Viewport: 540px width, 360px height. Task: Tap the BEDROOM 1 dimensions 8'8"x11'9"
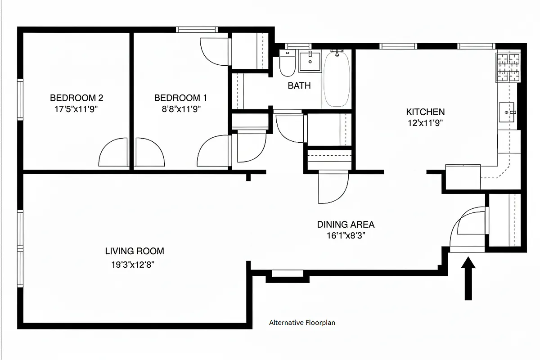coord(181,108)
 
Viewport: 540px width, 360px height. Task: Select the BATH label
coord(299,85)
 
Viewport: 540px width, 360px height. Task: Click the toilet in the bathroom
coord(287,64)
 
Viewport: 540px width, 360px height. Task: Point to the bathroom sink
coord(310,62)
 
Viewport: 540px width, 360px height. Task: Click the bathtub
coord(337,80)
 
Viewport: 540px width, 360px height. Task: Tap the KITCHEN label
coord(425,112)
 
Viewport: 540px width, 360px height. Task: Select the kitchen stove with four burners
coord(508,67)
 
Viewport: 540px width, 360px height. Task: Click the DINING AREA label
coord(346,225)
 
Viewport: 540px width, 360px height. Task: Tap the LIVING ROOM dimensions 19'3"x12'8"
coord(134,265)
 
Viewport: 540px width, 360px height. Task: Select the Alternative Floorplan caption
coord(302,323)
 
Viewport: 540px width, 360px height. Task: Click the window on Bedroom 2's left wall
coord(20,99)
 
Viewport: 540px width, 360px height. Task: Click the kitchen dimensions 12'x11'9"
coord(425,123)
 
